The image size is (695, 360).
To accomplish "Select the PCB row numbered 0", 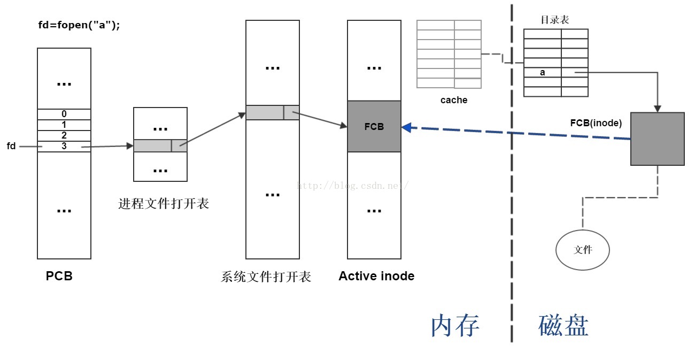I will tap(64, 114).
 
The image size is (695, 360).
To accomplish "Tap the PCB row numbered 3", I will tap(64, 146).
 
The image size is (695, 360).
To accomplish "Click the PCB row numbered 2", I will tap(64, 135).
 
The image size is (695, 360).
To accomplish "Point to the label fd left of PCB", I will tap(11, 146).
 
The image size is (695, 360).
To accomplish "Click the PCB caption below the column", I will tap(59, 277).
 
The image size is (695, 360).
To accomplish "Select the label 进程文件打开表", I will tap(164, 204).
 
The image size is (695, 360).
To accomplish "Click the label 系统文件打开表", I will tap(266, 277).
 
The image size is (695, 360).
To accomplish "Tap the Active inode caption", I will tap(376, 277).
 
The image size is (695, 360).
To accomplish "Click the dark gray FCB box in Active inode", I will tap(374, 127).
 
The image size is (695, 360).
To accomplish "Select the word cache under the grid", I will tap(454, 100).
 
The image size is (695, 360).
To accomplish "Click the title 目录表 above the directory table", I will tap(554, 20).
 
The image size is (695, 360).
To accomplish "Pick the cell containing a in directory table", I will tap(543, 73).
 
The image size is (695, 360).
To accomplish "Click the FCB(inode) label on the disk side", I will tap(596, 123).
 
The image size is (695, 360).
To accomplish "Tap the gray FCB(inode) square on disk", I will tap(658, 139).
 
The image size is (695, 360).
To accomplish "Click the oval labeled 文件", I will tap(583, 250).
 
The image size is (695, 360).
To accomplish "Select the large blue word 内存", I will tap(455, 325).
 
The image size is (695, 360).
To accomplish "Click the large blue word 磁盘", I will tap(563, 325).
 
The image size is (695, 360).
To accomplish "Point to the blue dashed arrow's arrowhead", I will tap(406, 127).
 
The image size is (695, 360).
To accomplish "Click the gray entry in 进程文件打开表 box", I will tap(160, 145).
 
